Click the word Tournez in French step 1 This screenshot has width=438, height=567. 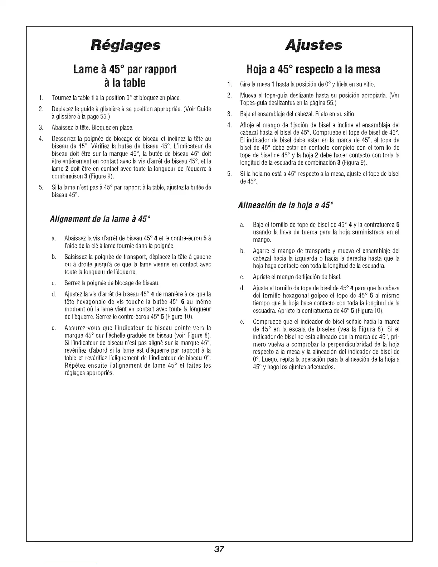point(62,98)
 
